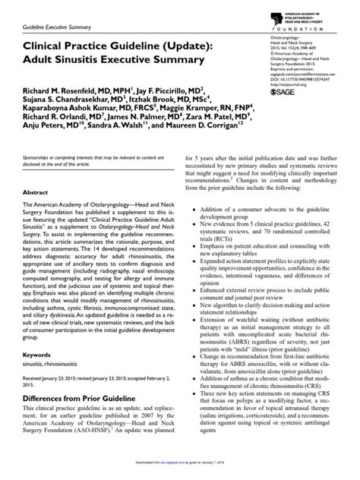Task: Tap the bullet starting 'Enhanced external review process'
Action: point(266,312)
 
